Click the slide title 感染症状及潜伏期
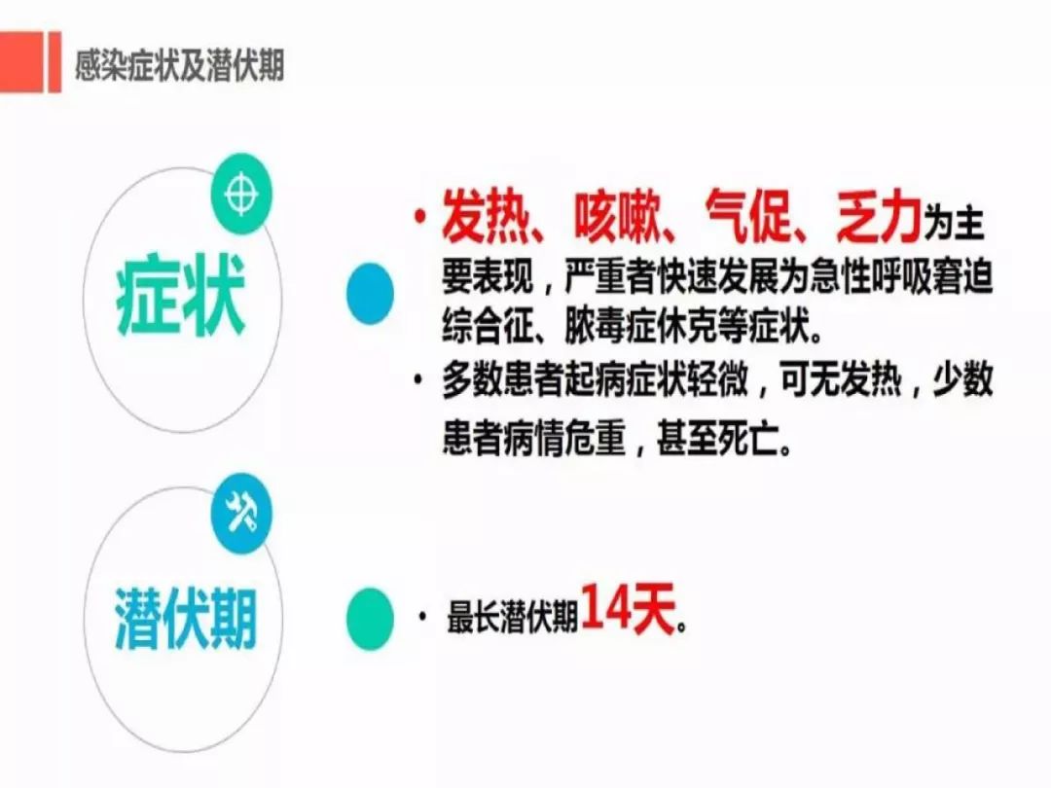[x=180, y=65]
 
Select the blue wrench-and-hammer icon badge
[x=240, y=514]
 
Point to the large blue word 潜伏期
[x=186, y=616]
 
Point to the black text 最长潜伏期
[x=512, y=619]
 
